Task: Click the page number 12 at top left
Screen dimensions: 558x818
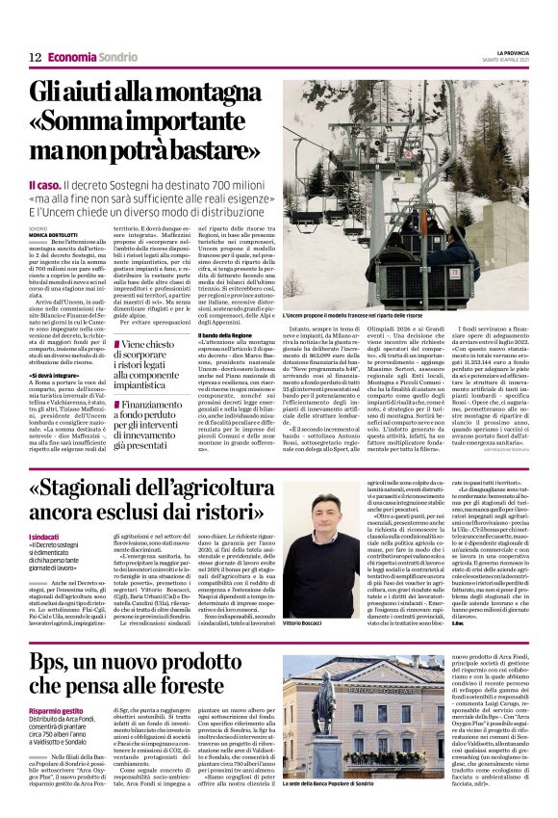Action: tap(36, 57)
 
